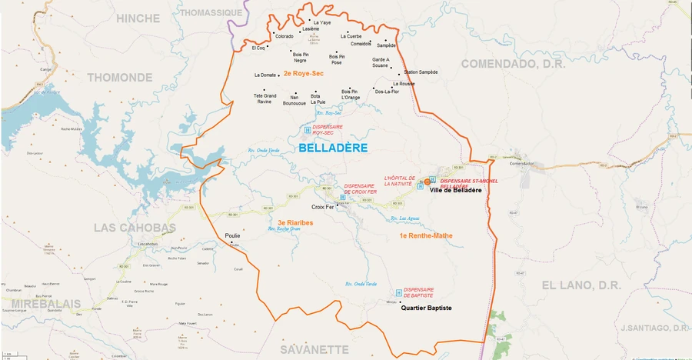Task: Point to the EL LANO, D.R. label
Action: [x=581, y=285]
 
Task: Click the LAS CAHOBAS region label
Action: [x=135, y=228]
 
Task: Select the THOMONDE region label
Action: [x=120, y=77]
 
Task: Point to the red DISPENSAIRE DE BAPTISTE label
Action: [x=418, y=292]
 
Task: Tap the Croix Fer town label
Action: [x=322, y=208]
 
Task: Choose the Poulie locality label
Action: [x=232, y=235]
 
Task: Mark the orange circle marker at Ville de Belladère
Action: [x=428, y=182]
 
